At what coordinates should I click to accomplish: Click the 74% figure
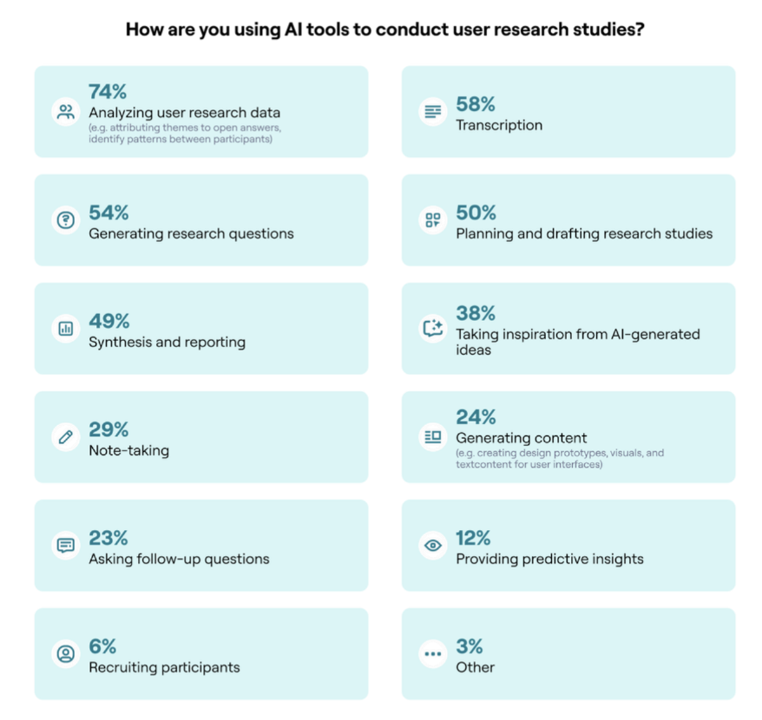click(108, 92)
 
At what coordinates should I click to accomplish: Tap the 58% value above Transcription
click(476, 105)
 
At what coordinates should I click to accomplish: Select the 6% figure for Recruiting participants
click(102, 646)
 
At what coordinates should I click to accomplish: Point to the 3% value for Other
click(470, 646)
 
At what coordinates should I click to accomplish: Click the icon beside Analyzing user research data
click(66, 112)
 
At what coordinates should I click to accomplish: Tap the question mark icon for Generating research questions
click(66, 220)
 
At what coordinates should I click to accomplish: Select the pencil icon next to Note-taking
click(66, 437)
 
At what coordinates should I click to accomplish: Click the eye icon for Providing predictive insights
click(433, 546)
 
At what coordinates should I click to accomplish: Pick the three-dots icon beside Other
click(433, 654)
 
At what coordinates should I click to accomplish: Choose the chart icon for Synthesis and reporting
click(66, 329)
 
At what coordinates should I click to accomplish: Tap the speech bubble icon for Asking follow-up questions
click(66, 546)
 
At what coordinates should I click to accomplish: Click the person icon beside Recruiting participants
click(66, 654)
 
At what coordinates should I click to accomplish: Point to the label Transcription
click(499, 125)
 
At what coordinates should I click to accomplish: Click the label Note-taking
click(128, 450)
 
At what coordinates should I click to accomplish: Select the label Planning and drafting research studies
click(584, 233)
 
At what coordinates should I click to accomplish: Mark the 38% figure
click(476, 313)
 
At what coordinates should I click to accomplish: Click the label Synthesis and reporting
click(167, 342)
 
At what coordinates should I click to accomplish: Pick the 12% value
click(474, 538)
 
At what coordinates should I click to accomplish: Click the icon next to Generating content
click(433, 437)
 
